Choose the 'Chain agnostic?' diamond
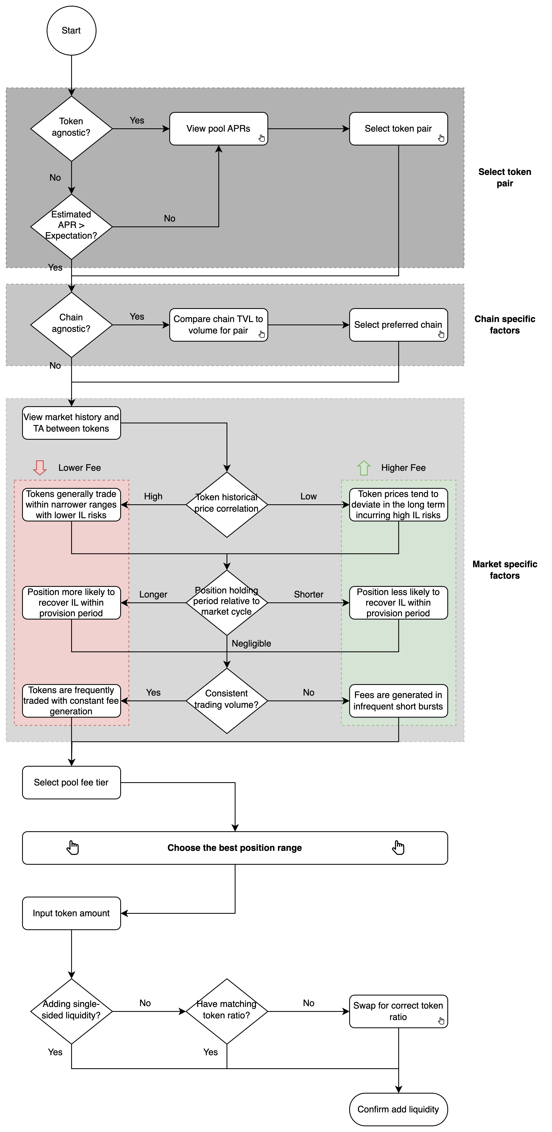71,325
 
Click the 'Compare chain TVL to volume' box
219,325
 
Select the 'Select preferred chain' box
398,325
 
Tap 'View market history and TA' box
71,423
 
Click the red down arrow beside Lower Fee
40,468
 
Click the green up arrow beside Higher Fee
364,468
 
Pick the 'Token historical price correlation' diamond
227,504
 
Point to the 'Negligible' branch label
251,643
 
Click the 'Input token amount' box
71,913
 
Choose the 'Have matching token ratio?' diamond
227,1011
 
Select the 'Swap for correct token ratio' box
398,1011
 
